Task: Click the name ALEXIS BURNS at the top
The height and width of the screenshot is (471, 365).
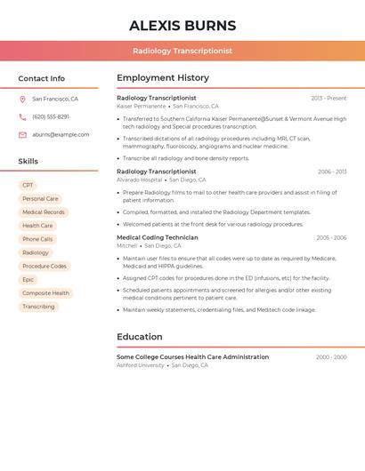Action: [182, 25]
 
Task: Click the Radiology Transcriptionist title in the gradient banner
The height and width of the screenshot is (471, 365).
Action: [182, 51]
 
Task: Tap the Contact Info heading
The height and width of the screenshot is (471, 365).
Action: [42, 78]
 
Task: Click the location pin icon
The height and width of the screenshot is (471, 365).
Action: [22, 100]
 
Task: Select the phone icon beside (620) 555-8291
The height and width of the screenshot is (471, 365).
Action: [22, 117]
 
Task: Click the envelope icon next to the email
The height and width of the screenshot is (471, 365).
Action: [22, 135]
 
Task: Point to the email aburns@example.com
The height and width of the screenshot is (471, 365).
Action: [61, 135]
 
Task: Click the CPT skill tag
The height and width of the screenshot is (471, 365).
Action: [28, 186]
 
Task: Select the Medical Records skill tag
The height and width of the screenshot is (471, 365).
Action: [44, 212]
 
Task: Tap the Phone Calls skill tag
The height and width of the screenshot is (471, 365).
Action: [37, 239]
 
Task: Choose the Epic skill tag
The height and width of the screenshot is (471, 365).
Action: [28, 280]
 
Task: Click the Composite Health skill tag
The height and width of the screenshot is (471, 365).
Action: [45, 293]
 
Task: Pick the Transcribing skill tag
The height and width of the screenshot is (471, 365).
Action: [38, 307]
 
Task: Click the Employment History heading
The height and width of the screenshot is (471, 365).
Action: [163, 78]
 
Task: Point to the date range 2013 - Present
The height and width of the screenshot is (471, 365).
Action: [328, 99]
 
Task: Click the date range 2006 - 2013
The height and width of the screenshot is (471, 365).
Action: [331, 172]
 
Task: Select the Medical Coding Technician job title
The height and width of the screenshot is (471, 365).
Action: [158, 238]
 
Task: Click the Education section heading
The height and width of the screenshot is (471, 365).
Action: [140, 337]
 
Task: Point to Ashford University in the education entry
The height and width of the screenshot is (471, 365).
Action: [141, 365]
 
